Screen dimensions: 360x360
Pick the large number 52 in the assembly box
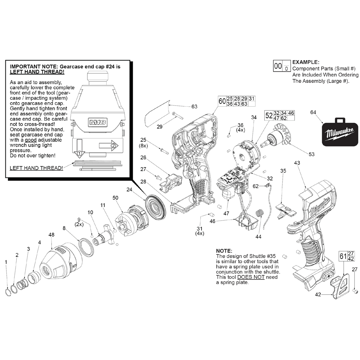(269, 115)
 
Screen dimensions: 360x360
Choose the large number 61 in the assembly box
(343, 256)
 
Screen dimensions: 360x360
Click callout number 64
(313, 113)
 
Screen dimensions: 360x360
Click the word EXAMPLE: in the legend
(306, 62)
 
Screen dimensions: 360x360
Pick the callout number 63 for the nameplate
(194, 107)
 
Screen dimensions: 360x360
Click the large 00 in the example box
(278, 66)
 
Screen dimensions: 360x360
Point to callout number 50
(115, 198)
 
